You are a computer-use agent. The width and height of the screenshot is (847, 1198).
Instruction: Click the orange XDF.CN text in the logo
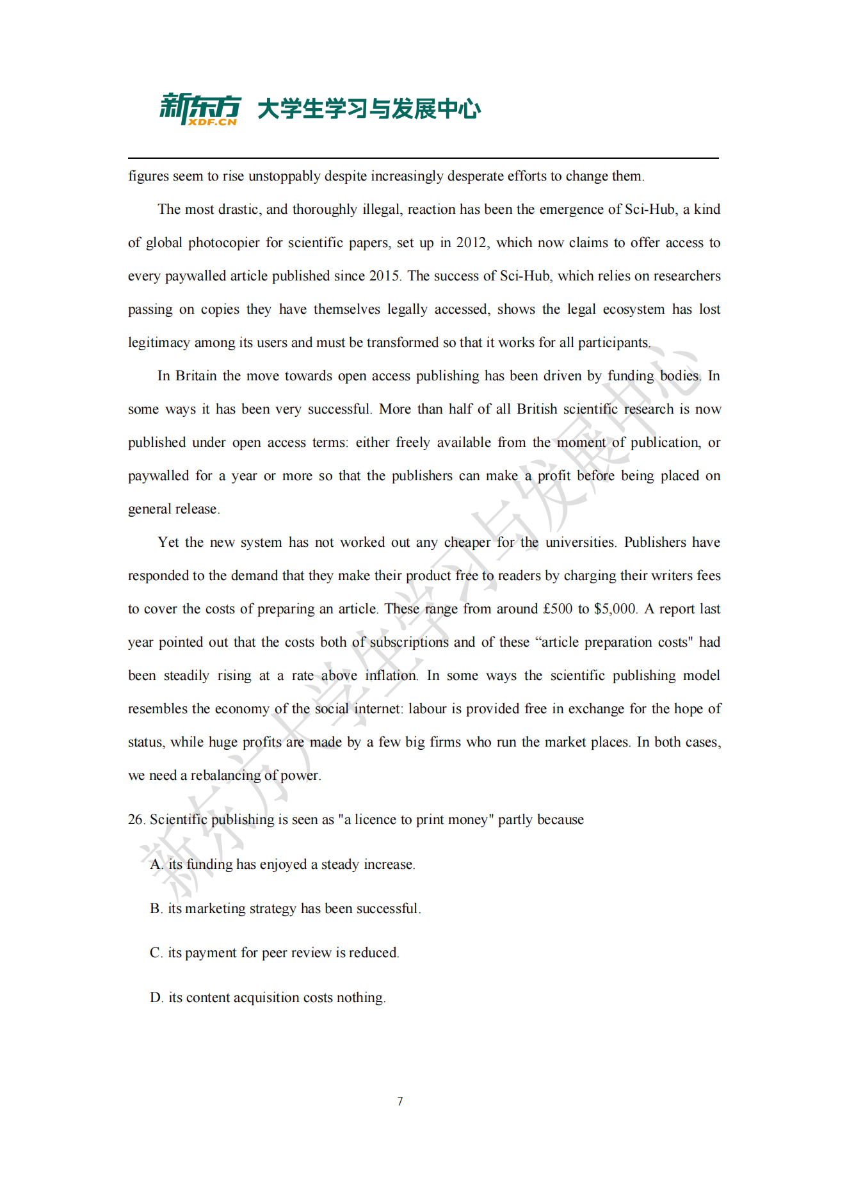213,122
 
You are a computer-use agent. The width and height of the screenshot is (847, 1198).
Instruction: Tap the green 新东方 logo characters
200,106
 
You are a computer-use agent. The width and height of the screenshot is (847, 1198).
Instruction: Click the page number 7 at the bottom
400,1101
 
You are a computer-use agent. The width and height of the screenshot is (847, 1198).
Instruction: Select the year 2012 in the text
471,243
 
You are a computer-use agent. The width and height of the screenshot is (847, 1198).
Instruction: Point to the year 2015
384,276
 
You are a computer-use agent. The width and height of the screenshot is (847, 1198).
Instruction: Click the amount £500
558,609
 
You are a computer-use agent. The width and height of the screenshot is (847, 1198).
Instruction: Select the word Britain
196,376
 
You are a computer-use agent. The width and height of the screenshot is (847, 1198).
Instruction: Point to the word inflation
391,676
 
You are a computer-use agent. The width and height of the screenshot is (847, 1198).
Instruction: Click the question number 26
136,820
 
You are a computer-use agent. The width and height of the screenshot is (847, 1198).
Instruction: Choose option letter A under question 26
156,864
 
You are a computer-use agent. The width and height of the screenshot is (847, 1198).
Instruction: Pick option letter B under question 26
156,909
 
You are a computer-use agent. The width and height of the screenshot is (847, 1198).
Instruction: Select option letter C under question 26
156,953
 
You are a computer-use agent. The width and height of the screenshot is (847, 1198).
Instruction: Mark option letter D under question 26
156,998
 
